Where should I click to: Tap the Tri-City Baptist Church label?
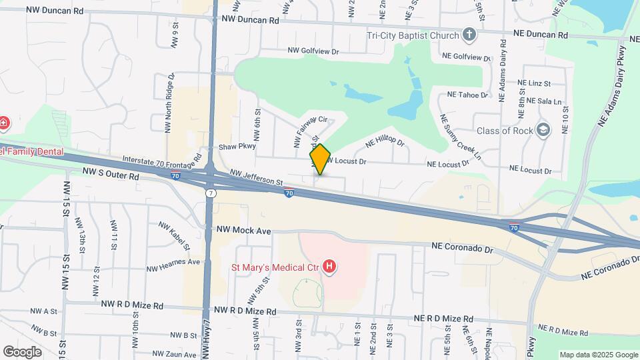tap(413, 35)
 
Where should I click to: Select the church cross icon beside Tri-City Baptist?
tap(469, 35)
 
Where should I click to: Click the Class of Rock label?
tap(505, 131)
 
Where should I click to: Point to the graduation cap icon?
tap(543, 130)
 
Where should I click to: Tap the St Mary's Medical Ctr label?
tap(275, 268)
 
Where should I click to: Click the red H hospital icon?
tap(329, 268)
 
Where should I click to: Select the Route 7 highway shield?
tap(211, 193)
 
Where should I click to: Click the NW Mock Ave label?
tap(243, 231)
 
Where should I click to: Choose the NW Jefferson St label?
tap(257, 177)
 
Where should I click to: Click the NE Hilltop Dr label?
tap(385, 141)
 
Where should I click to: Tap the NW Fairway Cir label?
tap(311, 131)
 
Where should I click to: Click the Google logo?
tap(22, 351)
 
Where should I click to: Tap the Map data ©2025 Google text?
tap(597, 355)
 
